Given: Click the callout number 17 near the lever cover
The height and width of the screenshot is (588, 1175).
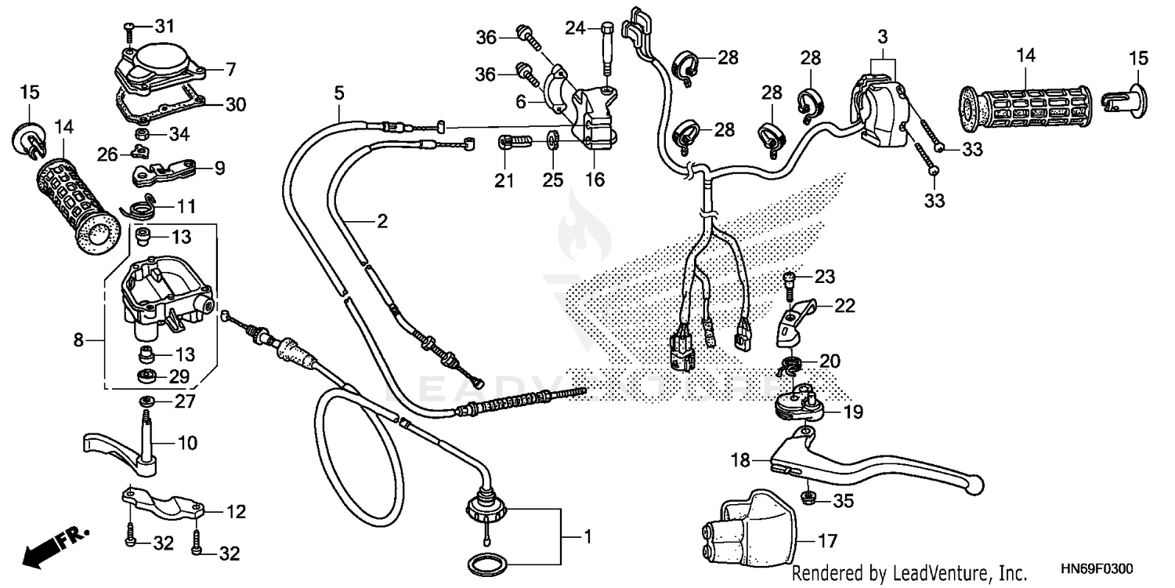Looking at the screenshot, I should click(827, 541).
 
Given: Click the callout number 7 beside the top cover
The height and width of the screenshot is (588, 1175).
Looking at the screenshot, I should click(230, 70).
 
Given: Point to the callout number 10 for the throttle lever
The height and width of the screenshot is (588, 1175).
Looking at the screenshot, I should click(187, 444).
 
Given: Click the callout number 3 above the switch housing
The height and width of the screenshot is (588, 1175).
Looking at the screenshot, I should click(882, 36).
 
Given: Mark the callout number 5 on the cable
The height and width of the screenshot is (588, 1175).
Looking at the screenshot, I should click(338, 93).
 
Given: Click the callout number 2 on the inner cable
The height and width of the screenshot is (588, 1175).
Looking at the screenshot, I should click(381, 222).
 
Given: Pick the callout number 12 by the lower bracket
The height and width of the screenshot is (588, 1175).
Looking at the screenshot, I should click(235, 513).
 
